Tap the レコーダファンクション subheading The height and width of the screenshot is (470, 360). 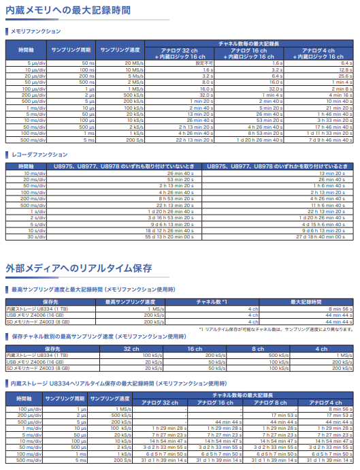39,155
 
